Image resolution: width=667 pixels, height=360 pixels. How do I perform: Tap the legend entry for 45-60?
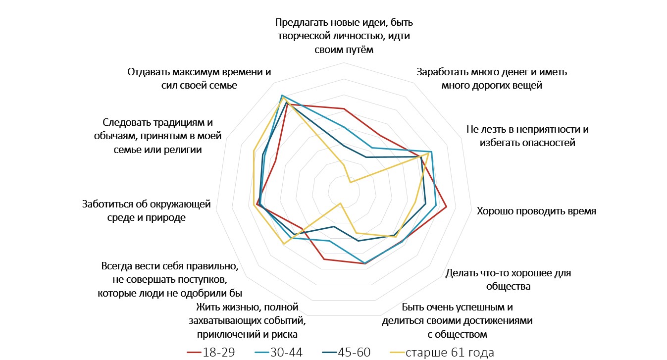click(346, 352)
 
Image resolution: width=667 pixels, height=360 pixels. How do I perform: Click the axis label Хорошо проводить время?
click(536, 211)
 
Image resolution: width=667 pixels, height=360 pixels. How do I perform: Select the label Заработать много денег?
click(492, 78)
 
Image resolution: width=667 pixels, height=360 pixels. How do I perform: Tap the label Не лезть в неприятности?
click(527, 136)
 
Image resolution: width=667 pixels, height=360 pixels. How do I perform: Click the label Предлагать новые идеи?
click(344, 36)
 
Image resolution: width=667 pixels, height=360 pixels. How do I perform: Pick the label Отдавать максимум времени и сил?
click(200, 78)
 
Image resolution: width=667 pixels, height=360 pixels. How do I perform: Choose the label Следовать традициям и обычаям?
click(159, 136)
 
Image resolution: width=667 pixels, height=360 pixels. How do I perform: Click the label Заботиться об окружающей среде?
click(147, 210)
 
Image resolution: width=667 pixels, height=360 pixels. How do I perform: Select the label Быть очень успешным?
click(457, 320)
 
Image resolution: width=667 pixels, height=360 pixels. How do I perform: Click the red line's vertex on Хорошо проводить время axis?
click(447, 206)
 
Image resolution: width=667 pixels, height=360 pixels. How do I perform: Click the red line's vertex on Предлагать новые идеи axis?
click(343, 108)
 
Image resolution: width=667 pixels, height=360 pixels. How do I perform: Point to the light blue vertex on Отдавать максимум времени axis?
click(281, 95)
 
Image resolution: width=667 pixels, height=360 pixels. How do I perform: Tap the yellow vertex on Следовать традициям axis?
click(254, 151)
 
